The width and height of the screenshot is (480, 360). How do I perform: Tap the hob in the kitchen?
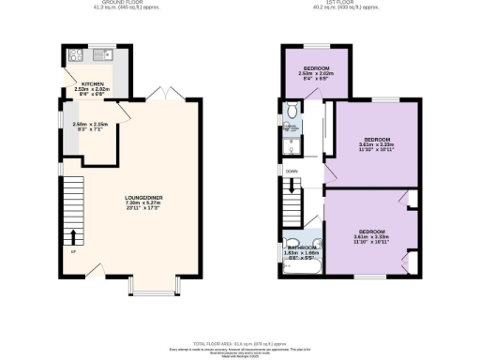pos(75,55)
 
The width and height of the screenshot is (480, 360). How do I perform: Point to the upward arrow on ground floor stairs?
pos(73,235)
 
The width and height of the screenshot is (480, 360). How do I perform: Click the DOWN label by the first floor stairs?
pos(292,171)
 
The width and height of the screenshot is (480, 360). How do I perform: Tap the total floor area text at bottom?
pos(240,345)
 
